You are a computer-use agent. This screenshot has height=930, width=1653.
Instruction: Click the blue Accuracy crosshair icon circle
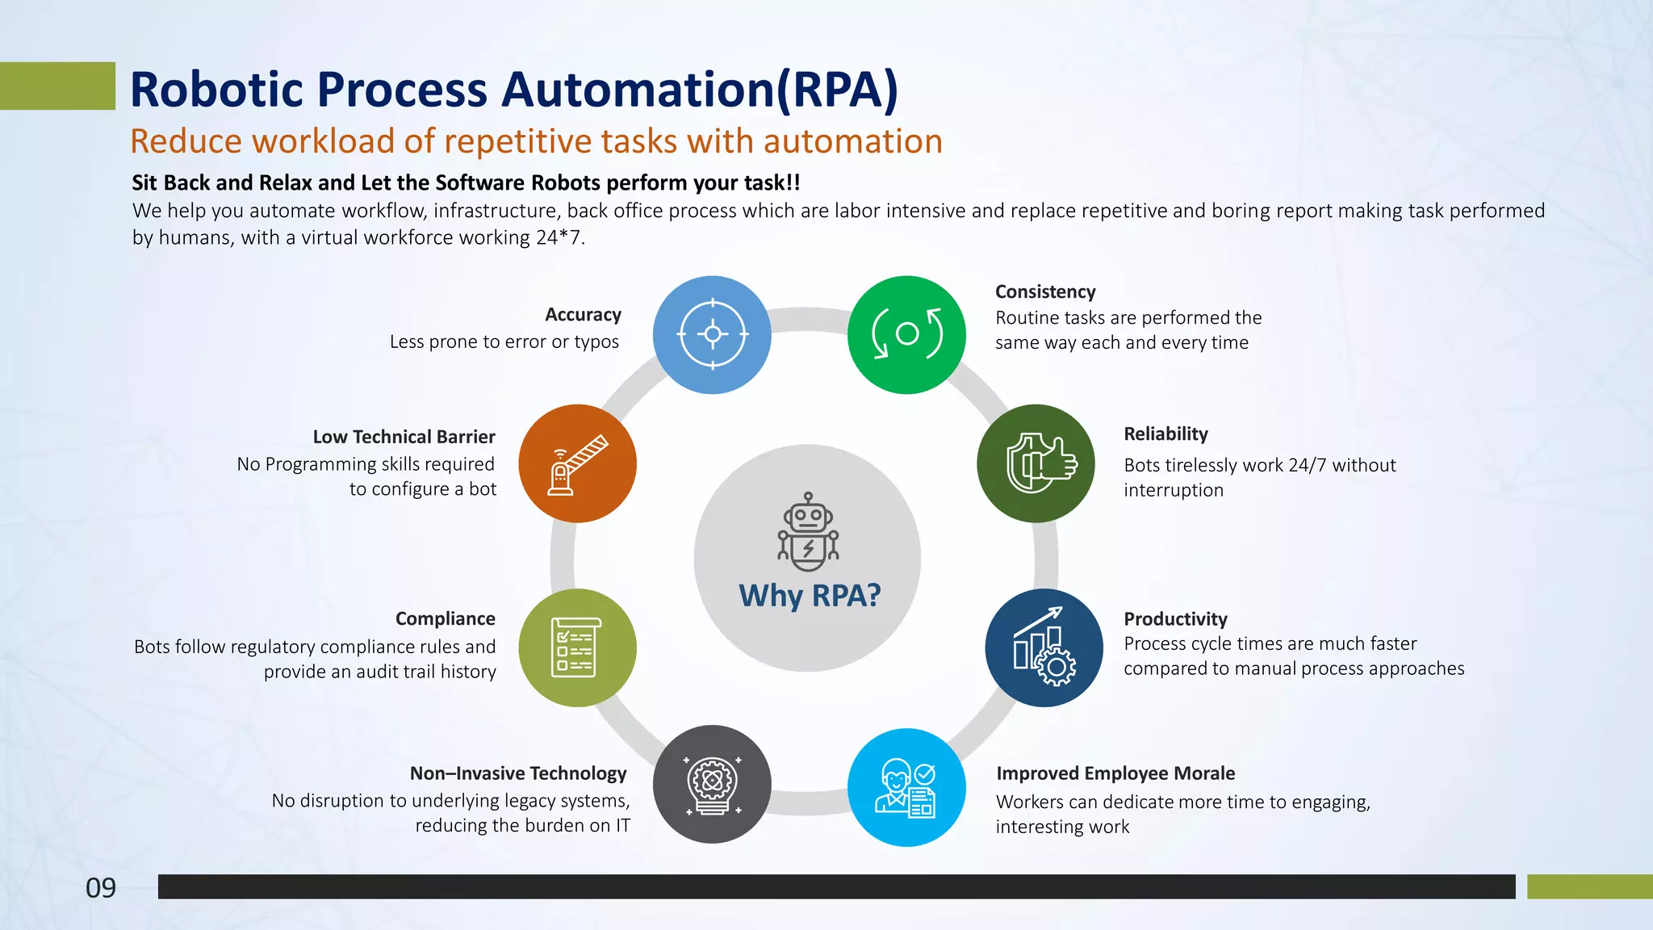pyautogui.click(x=712, y=334)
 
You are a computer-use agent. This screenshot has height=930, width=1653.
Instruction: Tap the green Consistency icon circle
pyautogui.click(x=906, y=334)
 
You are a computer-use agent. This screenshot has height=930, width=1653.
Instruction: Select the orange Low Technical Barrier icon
pyautogui.click(x=577, y=463)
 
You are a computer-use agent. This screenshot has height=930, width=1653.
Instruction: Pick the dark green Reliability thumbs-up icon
pyautogui.click(x=1036, y=463)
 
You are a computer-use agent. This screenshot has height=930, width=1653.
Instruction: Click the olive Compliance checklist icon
pyautogui.click(x=577, y=647)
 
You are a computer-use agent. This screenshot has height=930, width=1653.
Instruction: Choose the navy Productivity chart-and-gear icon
pyautogui.click(x=1044, y=647)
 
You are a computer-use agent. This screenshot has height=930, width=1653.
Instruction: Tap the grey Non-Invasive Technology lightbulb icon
pyautogui.click(x=712, y=784)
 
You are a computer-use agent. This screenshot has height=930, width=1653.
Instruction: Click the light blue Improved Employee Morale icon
pyautogui.click(x=906, y=787)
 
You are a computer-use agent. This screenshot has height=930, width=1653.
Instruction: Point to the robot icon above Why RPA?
pyautogui.click(x=808, y=532)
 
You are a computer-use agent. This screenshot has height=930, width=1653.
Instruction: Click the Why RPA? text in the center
pyautogui.click(x=810, y=596)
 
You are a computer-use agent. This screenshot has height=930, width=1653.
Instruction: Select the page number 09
pyautogui.click(x=101, y=888)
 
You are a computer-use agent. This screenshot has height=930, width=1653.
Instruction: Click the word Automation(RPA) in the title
pyautogui.click(x=699, y=89)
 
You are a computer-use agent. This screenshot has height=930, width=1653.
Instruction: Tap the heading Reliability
pyautogui.click(x=1165, y=434)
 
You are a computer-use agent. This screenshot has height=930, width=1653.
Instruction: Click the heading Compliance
pyautogui.click(x=445, y=618)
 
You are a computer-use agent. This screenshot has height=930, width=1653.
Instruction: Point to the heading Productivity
pyautogui.click(x=1175, y=619)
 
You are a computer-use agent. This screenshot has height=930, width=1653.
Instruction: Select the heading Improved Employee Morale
pyautogui.click(x=1115, y=773)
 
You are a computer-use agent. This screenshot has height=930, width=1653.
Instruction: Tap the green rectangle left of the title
pyautogui.click(x=56, y=86)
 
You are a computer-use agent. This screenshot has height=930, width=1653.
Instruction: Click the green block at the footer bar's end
pyautogui.click(x=1588, y=886)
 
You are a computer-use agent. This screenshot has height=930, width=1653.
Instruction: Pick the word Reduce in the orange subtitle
pyautogui.click(x=186, y=142)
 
